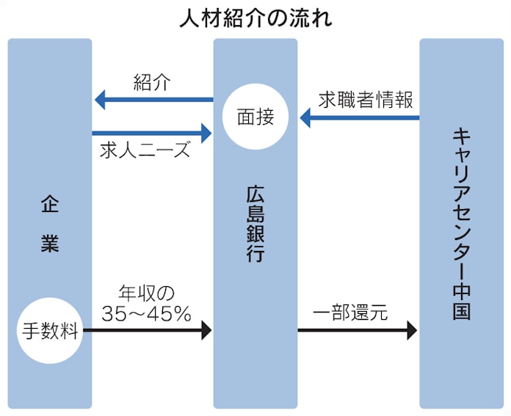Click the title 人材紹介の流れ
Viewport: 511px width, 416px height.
(x=255, y=18)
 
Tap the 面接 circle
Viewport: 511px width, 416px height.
(x=255, y=117)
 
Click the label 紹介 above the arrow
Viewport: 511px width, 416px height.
(x=151, y=82)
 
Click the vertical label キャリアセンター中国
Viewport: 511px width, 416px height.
(x=461, y=225)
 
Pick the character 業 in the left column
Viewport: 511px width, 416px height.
(x=49, y=244)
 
